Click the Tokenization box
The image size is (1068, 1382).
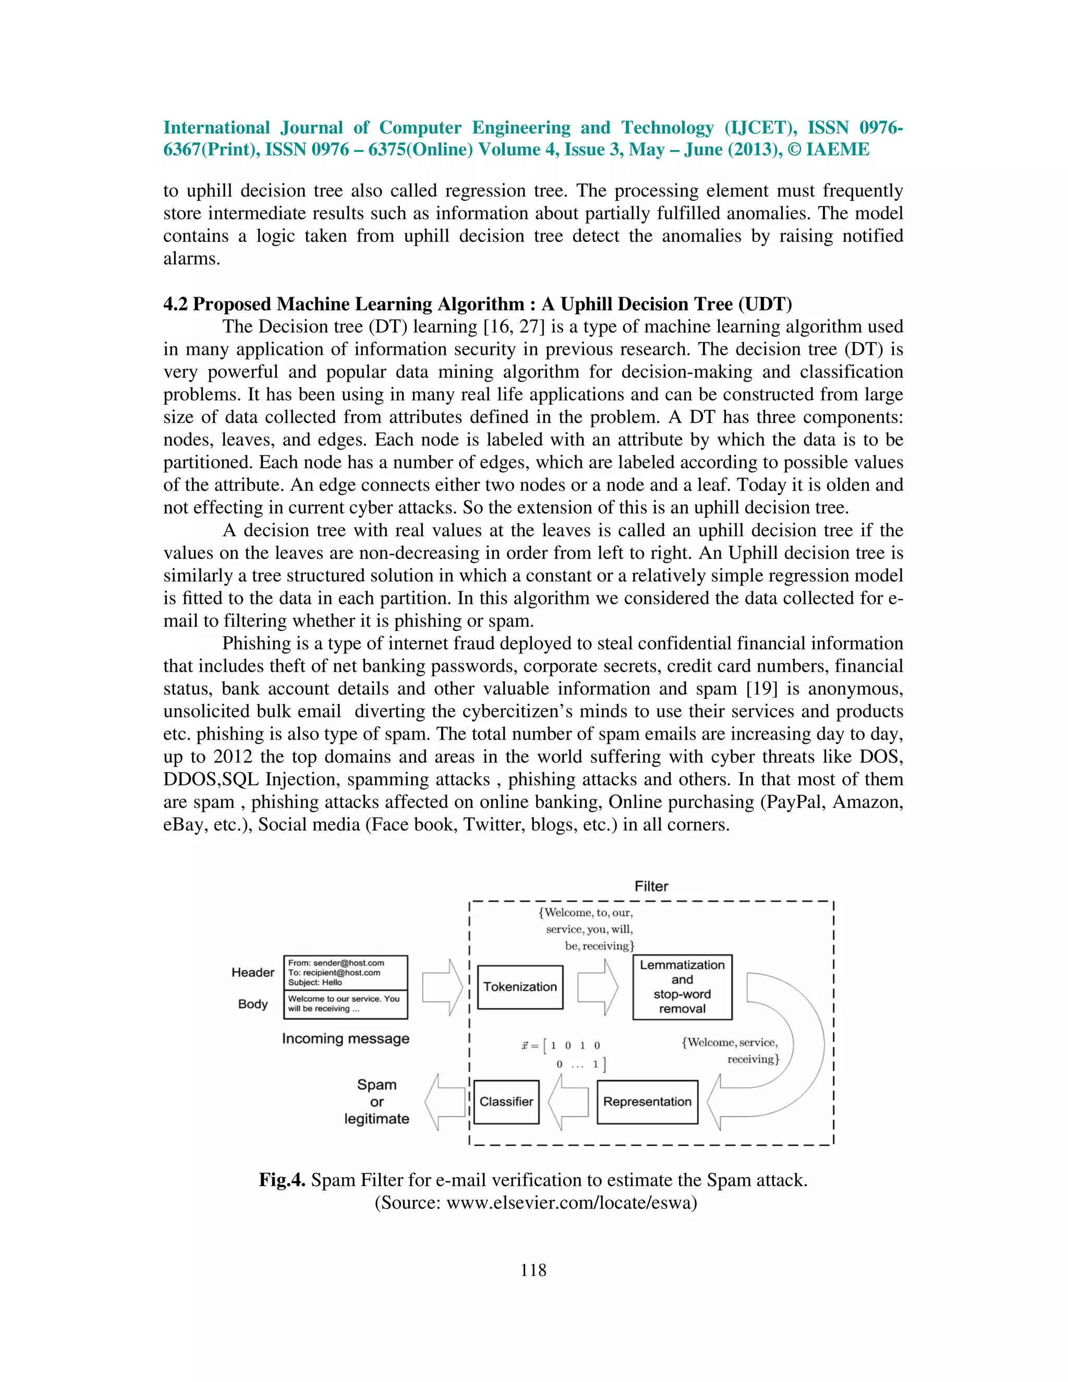(520, 987)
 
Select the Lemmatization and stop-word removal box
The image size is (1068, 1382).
(682, 987)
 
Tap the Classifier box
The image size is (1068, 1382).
(506, 1101)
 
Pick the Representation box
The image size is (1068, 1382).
(647, 1101)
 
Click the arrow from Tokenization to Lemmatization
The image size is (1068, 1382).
(598, 987)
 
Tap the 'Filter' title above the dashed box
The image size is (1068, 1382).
(651, 887)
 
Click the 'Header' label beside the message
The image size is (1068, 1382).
(252, 973)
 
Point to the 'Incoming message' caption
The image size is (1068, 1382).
(345, 1038)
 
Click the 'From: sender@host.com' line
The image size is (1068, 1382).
(336, 963)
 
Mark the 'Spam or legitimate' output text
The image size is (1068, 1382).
(377, 1101)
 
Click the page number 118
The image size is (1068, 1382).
(533, 1270)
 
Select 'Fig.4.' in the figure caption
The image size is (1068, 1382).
(282, 1180)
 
